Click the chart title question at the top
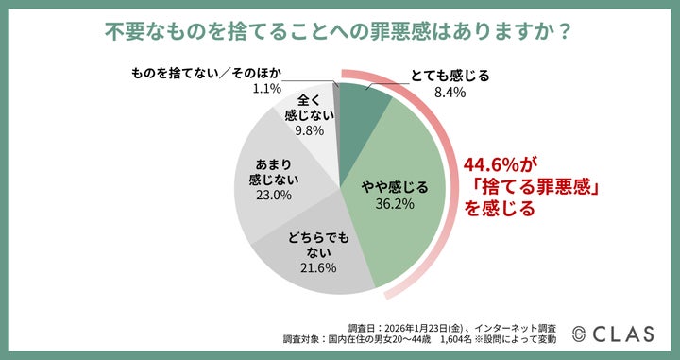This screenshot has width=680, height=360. [339, 31]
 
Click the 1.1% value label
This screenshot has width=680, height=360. [268, 89]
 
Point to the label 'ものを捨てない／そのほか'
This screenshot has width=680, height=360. [206, 72]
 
